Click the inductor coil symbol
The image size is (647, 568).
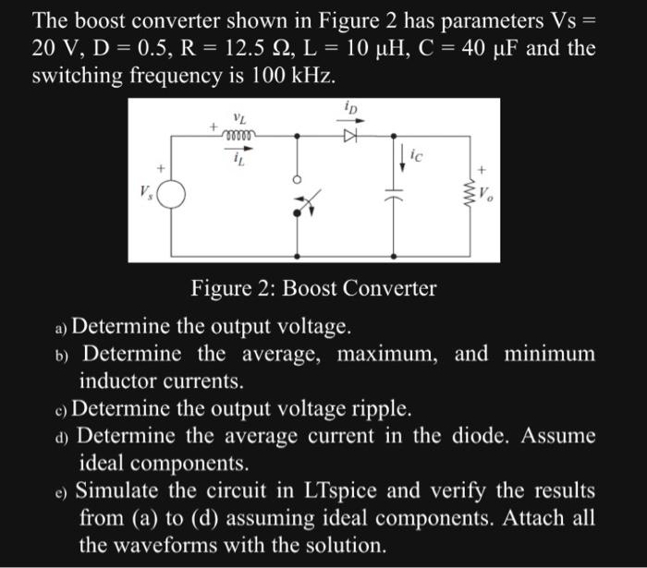[x=238, y=136]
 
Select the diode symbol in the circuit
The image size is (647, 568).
[x=349, y=135]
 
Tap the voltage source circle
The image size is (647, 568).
[x=172, y=194]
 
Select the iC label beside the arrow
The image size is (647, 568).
[x=415, y=158]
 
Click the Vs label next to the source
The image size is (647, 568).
[x=145, y=195]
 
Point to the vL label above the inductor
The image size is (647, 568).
[x=239, y=119]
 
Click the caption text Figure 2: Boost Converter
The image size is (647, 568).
[x=313, y=288]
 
